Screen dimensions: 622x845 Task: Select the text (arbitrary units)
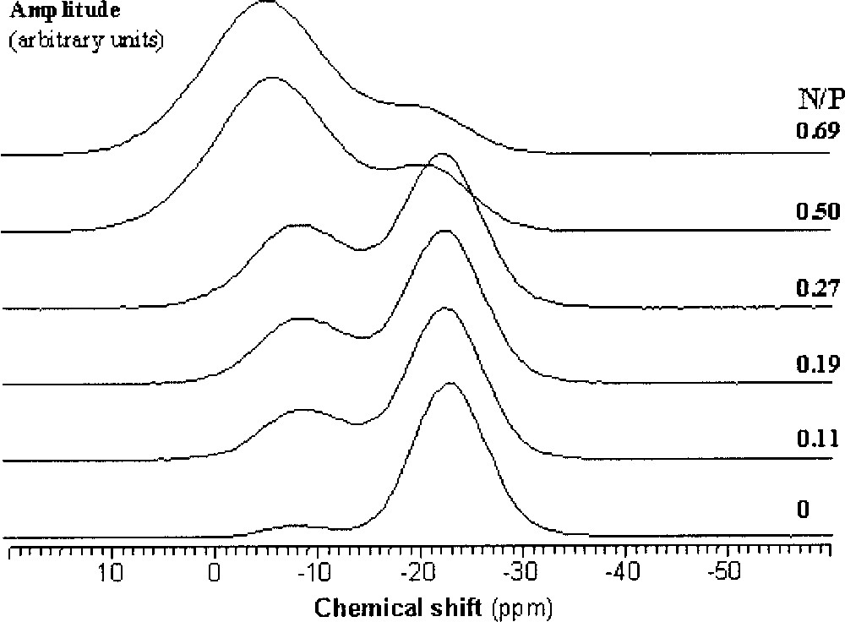[x=85, y=39]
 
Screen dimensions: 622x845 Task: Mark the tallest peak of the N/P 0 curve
[x=450, y=384]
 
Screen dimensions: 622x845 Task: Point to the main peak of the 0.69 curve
[x=267, y=3]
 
